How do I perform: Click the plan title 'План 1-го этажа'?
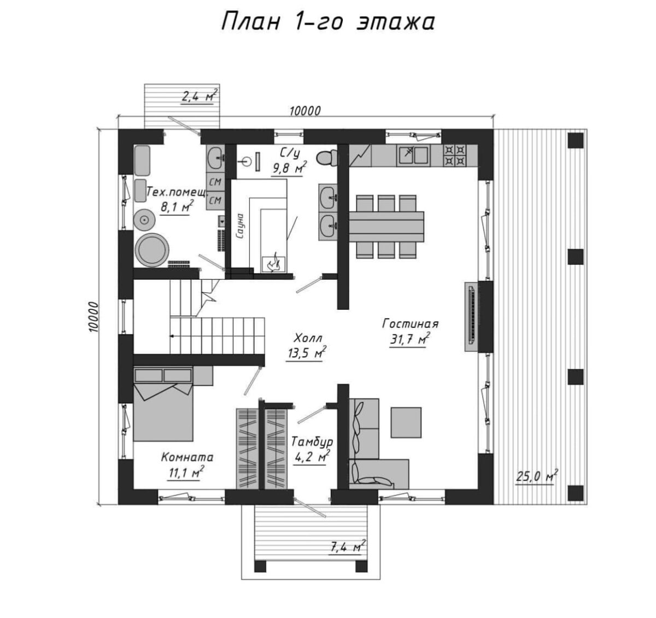(327, 22)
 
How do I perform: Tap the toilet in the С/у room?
(327, 158)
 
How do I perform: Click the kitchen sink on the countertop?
(413, 155)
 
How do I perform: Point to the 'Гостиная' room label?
(410, 323)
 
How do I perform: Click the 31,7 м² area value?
(409, 339)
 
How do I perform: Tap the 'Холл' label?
(308, 338)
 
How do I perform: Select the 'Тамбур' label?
(312, 442)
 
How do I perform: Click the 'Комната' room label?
(187, 457)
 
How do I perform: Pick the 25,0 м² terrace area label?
(537, 477)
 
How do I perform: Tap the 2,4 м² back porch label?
(199, 96)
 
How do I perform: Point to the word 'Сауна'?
(240, 226)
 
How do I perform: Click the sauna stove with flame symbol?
(273, 264)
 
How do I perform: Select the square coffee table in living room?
(406, 423)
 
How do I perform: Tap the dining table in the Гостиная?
(386, 227)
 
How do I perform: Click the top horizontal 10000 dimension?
(305, 111)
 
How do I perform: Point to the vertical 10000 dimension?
(94, 316)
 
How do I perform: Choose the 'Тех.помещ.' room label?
(177, 192)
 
